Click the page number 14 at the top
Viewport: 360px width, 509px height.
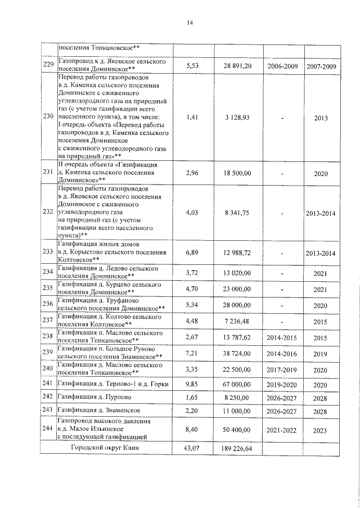click(x=190, y=22)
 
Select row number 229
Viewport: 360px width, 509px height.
click(x=48, y=66)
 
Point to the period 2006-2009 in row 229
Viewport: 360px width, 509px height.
click(x=283, y=66)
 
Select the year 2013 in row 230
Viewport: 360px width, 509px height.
click(x=320, y=118)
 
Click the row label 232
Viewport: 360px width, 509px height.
click(x=48, y=213)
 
